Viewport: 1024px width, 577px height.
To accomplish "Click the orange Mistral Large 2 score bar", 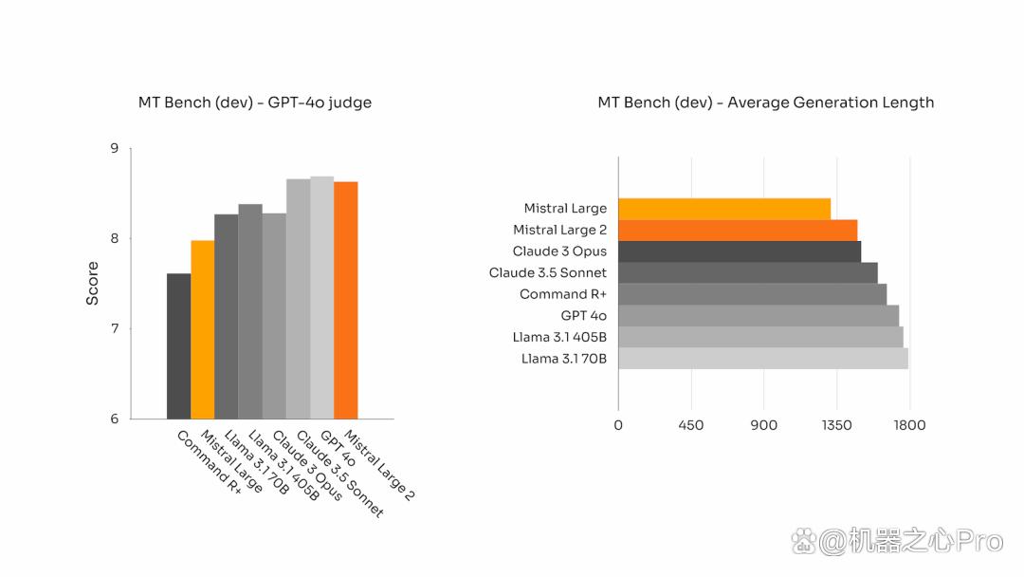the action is pos(345,300).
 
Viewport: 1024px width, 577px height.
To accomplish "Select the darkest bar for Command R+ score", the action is pos(178,345).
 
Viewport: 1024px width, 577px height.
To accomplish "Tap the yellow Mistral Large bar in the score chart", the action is pos(203,329).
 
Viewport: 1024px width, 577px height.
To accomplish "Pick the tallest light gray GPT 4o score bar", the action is pos(322,297).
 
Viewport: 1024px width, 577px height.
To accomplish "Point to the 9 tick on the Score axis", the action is pos(115,148).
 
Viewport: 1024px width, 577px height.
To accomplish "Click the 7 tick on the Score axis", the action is pos(115,328).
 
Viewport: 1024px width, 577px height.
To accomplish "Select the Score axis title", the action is pos(92,284).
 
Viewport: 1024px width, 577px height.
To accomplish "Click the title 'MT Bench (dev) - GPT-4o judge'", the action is pos(255,102).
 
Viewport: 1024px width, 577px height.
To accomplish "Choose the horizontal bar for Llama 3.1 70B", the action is pos(762,358).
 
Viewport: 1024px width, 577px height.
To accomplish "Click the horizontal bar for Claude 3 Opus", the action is pos(740,251).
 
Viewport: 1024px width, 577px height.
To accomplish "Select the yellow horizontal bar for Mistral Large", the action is pos(724,209).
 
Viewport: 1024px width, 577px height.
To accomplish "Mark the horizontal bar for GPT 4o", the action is pos(759,316).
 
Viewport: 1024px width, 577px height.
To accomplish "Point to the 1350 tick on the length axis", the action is pos(836,425).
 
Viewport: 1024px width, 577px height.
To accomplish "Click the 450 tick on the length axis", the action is pos(691,425).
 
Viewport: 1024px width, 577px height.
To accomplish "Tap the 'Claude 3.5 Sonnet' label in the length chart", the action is pos(548,272).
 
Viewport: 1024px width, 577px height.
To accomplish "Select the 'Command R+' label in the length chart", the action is pos(563,294).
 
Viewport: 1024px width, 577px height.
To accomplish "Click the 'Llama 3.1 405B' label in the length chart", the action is pos(559,337).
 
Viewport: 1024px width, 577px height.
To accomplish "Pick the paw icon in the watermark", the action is pos(803,541).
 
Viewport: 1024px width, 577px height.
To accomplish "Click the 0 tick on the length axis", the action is pos(618,425).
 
